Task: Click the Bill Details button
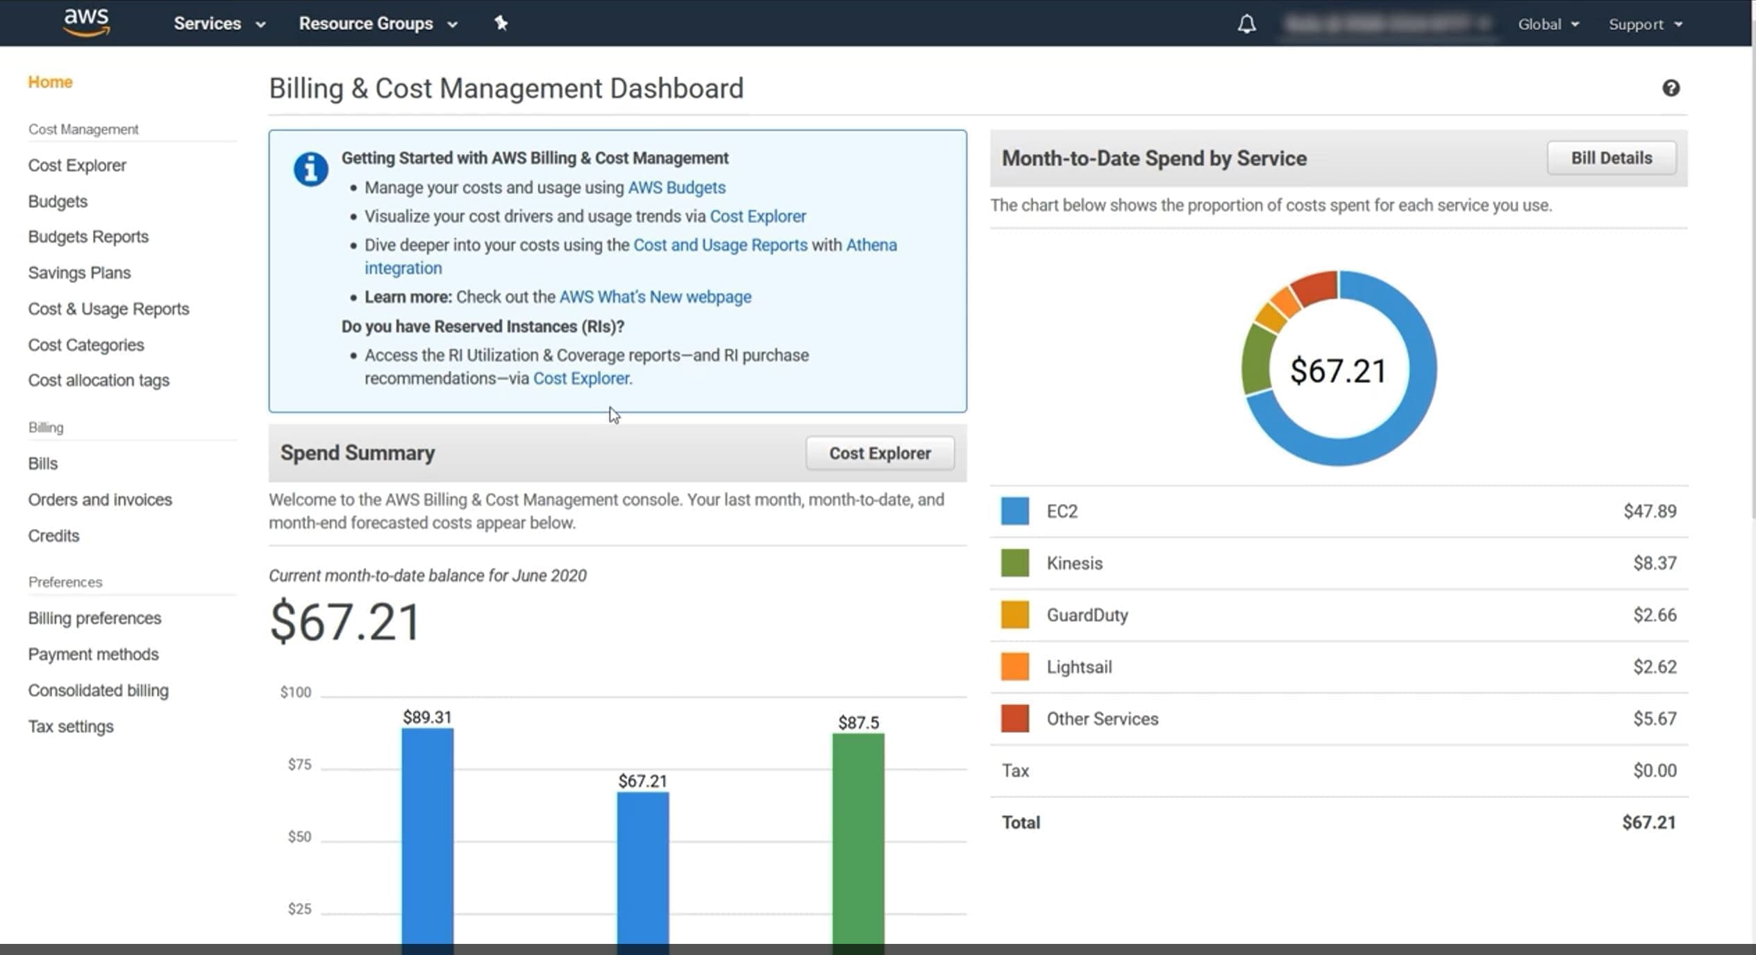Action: coord(1611,158)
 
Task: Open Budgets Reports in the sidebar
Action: coord(88,237)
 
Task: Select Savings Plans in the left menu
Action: coord(79,273)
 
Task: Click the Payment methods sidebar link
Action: coord(93,654)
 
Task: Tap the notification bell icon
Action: coord(1246,24)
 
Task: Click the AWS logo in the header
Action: coord(86,22)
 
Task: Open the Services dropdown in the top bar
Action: coord(219,24)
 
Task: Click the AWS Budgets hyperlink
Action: coord(676,187)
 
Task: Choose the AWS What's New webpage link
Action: coord(655,297)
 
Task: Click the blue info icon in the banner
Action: coord(310,169)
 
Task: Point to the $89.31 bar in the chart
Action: coord(427,833)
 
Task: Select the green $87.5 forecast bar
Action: coord(858,833)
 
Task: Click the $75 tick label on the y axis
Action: coord(299,765)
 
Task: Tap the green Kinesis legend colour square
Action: coord(1014,563)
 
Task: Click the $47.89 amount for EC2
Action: coord(1649,512)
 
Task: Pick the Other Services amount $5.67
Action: coord(1654,719)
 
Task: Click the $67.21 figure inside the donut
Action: coord(1338,370)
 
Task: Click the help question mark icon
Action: coord(1671,88)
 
